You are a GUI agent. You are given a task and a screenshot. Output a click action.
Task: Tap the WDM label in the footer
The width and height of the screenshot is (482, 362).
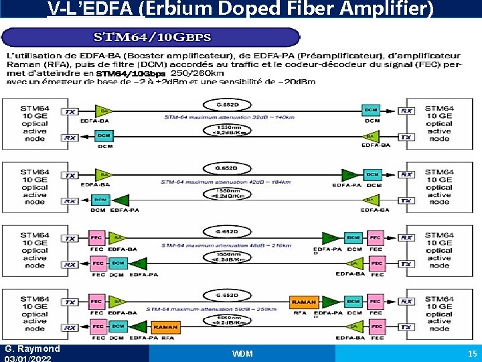coord(242,353)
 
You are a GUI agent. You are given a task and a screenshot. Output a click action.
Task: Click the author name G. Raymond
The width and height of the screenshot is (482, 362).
coord(32,349)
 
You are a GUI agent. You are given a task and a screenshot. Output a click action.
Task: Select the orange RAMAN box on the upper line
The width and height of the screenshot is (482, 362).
coord(304,302)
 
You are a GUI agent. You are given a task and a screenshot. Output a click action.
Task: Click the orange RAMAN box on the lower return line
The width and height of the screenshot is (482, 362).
coord(165,326)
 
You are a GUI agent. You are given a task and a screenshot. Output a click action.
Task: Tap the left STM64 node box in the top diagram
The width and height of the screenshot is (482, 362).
coord(34,122)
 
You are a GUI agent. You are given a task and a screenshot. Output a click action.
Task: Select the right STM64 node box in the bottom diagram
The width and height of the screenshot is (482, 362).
coord(438,313)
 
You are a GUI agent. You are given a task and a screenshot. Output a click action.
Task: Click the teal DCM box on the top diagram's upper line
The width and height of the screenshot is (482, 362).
coord(370,110)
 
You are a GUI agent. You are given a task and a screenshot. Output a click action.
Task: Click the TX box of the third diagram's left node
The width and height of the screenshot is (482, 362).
coord(70,238)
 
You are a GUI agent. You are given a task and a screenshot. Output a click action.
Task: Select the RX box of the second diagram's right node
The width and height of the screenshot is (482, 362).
coord(406,174)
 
